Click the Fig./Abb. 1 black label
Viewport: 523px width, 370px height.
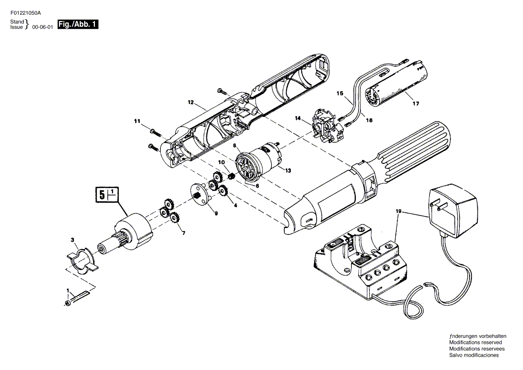78,24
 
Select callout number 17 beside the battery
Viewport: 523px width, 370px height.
416,104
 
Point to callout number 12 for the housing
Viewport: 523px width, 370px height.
190,103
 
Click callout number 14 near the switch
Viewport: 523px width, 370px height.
297,118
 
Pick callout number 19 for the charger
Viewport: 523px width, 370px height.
399,211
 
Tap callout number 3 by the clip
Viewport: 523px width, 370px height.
73,240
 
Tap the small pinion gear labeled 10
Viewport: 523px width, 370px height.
231,176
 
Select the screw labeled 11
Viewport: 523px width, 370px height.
155,132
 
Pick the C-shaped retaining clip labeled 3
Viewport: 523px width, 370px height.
81,260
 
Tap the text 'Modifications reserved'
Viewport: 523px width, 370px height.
475,342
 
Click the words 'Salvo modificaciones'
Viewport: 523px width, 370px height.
474,355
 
